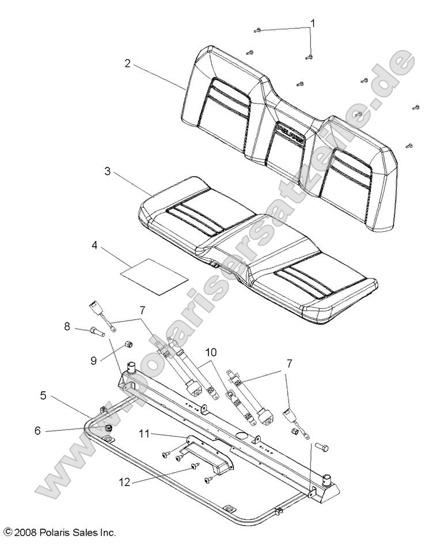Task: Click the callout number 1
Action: click(x=313, y=24)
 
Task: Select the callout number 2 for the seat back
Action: click(x=127, y=63)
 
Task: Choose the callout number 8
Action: click(x=67, y=327)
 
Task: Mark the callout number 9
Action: click(x=93, y=361)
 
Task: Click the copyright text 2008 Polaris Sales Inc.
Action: click(x=60, y=533)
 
